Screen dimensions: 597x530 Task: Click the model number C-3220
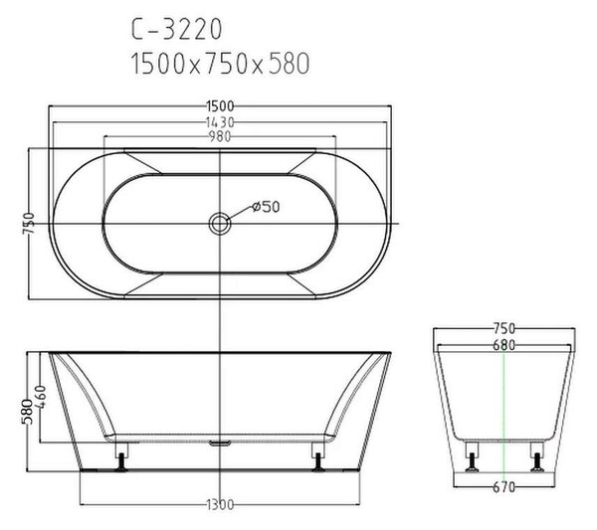pos(176,29)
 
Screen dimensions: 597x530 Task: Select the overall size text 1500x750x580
pos(220,64)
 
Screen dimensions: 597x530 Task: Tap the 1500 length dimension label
pos(220,106)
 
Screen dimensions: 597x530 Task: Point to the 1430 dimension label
pos(220,122)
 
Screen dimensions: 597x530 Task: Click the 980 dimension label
pos(220,136)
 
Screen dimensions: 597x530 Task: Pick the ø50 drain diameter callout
pos(266,207)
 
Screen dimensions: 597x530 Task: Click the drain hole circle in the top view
pos(220,224)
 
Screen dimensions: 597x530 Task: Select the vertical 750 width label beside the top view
pos(29,224)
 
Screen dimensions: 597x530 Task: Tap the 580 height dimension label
pos(27,412)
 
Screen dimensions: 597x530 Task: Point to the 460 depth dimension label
pos(41,397)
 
